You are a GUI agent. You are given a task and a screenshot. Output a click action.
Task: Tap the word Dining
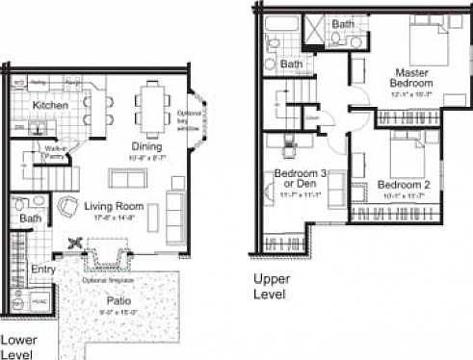(145, 147)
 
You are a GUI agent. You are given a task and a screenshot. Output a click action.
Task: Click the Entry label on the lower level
(42, 270)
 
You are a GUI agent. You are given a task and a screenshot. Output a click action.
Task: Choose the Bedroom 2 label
(405, 185)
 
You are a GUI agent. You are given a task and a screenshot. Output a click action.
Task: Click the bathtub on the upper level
(282, 25)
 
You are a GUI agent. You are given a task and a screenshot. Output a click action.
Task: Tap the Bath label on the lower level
(29, 219)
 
